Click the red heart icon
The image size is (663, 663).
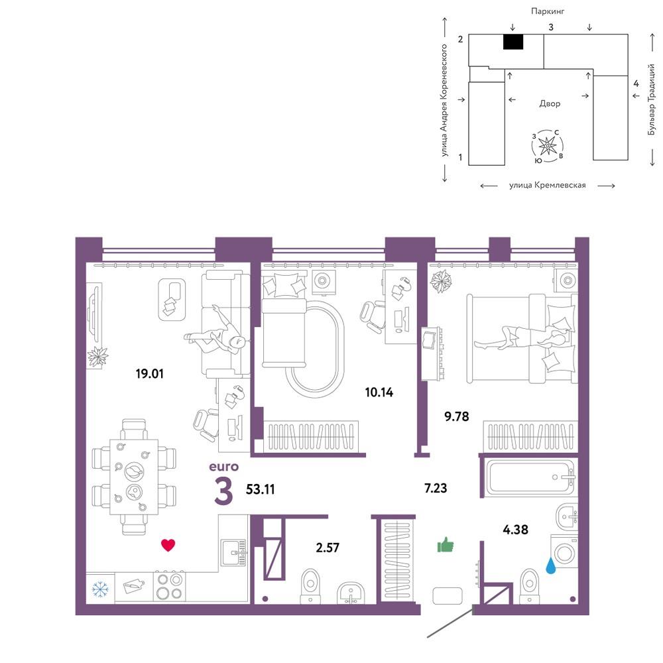[x=168, y=545]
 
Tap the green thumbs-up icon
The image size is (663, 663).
[x=446, y=544]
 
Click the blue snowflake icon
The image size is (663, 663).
[x=100, y=589]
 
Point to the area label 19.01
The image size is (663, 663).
[x=149, y=373]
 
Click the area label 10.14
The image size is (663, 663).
[x=379, y=392]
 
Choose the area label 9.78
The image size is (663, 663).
[x=457, y=416]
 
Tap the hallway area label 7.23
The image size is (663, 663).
[x=436, y=488]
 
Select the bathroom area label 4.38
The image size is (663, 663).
[x=515, y=529]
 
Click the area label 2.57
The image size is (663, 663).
[x=328, y=548]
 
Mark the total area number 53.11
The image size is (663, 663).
[x=261, y=489]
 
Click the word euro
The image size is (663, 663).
[x=223, y=466]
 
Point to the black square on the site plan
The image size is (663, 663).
[x=513, y=42]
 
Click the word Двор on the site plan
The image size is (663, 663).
[x=550, y=103]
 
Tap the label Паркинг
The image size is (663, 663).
[x=548, y=11]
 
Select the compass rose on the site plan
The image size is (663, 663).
[x=548, y=146]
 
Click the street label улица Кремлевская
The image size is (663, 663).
[x=548, y=185]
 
